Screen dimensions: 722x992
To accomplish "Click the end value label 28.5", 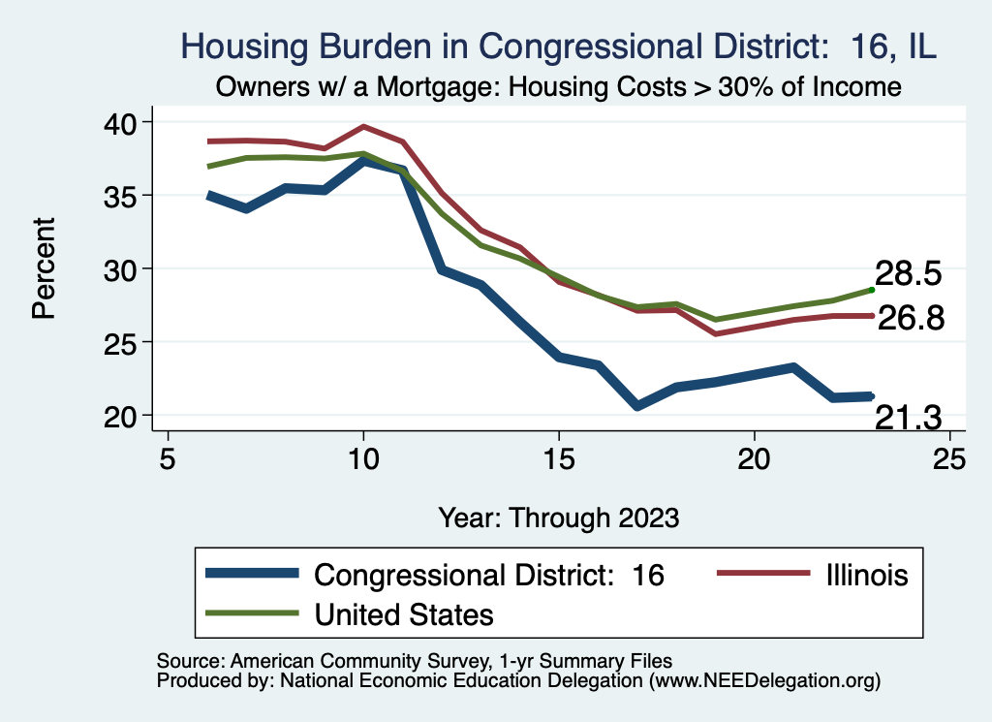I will (x=908, y=273).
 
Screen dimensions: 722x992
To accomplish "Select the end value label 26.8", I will (x=911, y=318).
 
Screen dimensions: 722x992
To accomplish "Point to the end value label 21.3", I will (x=908, y=417).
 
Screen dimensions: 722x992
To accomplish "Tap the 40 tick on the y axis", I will (x=120, y=122).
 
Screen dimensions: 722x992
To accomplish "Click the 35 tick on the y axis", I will (x=120, y=196).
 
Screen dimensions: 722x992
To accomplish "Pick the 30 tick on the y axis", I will (x=120, y=268).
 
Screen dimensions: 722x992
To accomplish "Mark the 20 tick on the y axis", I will (x=120, y=416).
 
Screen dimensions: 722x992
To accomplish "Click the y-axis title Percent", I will (x=42, y=268).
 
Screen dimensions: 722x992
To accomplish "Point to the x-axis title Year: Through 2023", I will (x=558, y=517).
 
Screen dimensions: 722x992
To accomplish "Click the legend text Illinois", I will (x=867, y=575).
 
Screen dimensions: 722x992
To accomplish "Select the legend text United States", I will (x=404, y=613).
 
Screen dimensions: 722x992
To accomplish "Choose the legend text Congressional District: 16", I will (x=489, y=575).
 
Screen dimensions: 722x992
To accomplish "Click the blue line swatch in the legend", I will (x=253, y=575).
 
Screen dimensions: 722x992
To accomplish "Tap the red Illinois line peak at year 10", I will (x=363, y=126).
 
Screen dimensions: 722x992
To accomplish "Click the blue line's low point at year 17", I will (x=636, y=406).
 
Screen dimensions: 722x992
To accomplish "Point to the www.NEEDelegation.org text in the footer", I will (x=764, y=681).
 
